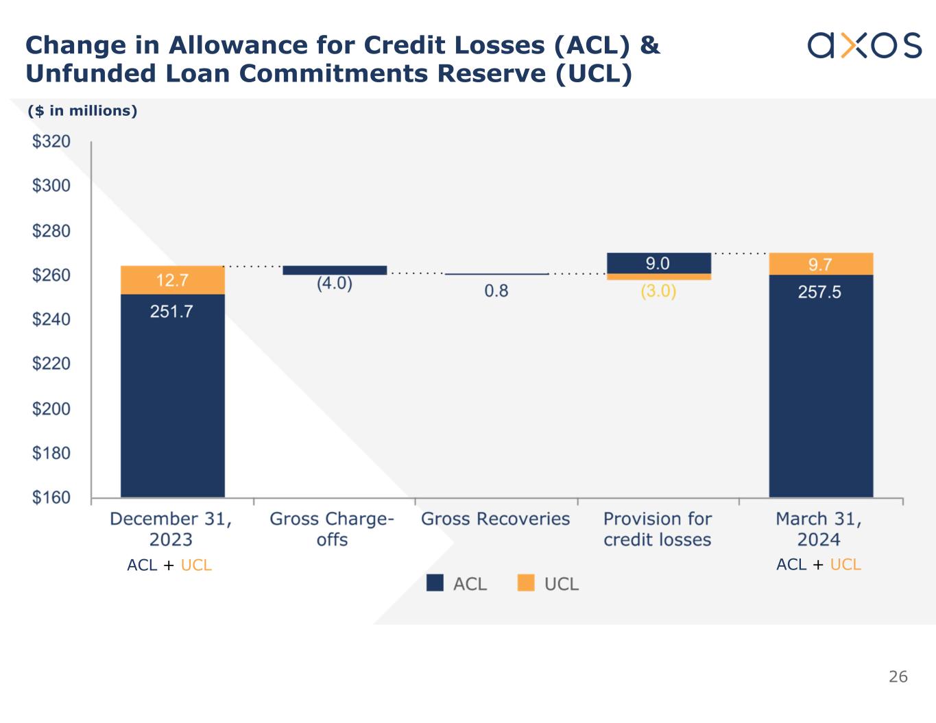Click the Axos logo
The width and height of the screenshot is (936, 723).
tap(864, 45)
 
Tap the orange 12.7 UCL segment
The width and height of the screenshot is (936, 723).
tap(172, 280)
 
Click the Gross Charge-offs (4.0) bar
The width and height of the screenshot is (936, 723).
tap(335, 270)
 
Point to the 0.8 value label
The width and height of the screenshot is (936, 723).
tap(496, 291)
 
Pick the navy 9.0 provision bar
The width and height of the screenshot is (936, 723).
tap(658, 263)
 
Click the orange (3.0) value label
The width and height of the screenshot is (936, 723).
tap(658, 291)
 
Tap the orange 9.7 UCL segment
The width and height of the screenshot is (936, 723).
tap(821, 264)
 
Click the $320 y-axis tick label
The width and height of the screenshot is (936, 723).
tap(51, 142)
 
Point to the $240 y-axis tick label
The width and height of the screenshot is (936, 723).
tap(51, 319)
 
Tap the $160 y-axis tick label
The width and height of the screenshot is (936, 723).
tap(51, 498)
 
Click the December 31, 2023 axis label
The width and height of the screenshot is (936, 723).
tap(171, 529)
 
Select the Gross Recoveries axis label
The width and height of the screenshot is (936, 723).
tap(496, 519)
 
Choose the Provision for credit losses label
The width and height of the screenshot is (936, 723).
tap(658, 529)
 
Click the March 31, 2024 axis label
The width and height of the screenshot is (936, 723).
tap(819, 529)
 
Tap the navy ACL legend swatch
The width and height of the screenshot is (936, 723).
tap(435, 583)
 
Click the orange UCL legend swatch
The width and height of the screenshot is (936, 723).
tap(526, 583)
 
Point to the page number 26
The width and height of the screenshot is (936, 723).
tap(898, 677)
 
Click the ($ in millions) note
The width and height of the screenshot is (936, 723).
tap(82, 111)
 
